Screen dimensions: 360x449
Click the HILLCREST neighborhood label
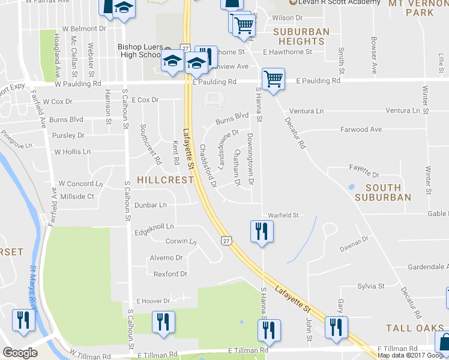coord(165,179)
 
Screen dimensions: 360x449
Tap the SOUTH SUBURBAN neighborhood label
coord(383,192)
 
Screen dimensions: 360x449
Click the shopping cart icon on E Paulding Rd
coord(273,79)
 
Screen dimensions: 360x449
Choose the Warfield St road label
coord(283,215)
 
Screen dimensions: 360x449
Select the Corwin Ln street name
coord(181,242)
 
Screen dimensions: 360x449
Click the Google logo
coord(20,353)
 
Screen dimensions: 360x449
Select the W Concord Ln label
coord(80,184)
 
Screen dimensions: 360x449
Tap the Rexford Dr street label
coord(170,274)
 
